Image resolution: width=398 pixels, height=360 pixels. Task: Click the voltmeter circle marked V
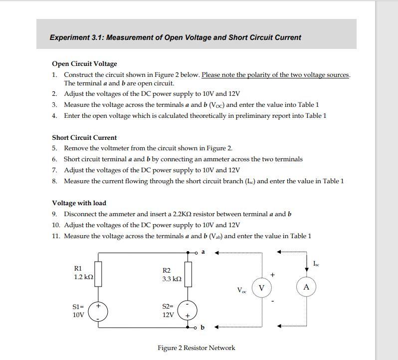click(x=262, y=288)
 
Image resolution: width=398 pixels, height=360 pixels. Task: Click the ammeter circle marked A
click(x=306, y=287)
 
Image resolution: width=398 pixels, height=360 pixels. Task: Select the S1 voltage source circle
click(x=98, y=311)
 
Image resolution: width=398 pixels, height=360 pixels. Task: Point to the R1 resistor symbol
click(x=98, y=274)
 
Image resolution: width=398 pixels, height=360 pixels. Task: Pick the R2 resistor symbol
click(x=188, y=274)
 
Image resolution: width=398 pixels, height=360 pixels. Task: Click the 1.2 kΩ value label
click(x=84, y=277)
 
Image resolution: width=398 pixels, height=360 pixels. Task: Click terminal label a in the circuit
click(x=203, y=252)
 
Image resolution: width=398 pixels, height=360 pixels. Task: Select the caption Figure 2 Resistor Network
click(x=196, y=348)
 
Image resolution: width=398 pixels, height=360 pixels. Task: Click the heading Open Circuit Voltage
click(x=85, y=64)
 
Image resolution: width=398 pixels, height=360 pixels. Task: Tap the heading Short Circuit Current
click(x=84, y=137)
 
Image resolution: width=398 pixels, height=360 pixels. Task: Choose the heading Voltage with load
click(x=79, y=203)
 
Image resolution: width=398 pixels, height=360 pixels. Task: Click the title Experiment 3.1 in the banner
click(x=175, y=37)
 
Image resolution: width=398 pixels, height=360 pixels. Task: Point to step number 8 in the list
click(x=54, y=181)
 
